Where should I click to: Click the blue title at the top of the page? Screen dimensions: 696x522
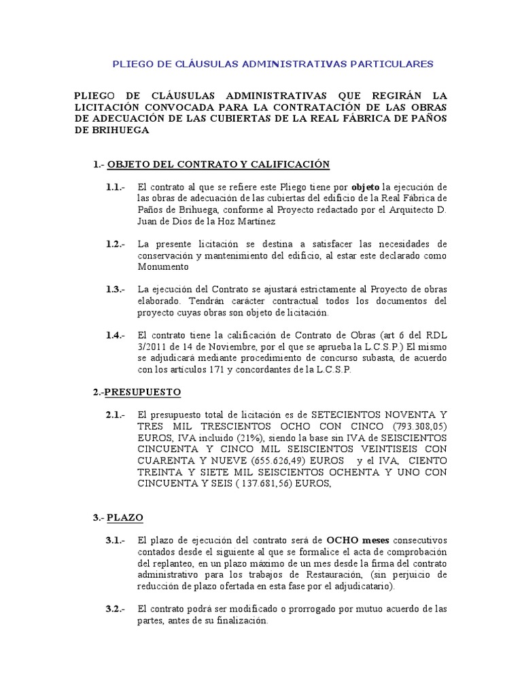272,64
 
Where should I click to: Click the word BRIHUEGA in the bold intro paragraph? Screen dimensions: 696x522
111,131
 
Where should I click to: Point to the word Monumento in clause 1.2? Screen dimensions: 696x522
162,266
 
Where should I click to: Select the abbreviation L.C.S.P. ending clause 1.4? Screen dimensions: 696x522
332,370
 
